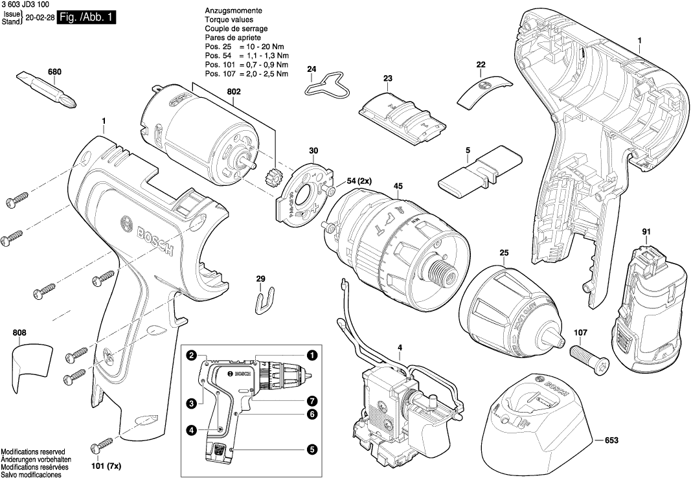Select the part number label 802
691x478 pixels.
click(x=234, y=92)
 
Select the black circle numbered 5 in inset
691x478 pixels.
click(x=312, y=448)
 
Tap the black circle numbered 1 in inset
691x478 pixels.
click(x=312, y=355)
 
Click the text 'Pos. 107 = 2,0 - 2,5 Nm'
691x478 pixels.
click(x=247, y=74)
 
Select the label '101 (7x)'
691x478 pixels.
click(x=106, y=466)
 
